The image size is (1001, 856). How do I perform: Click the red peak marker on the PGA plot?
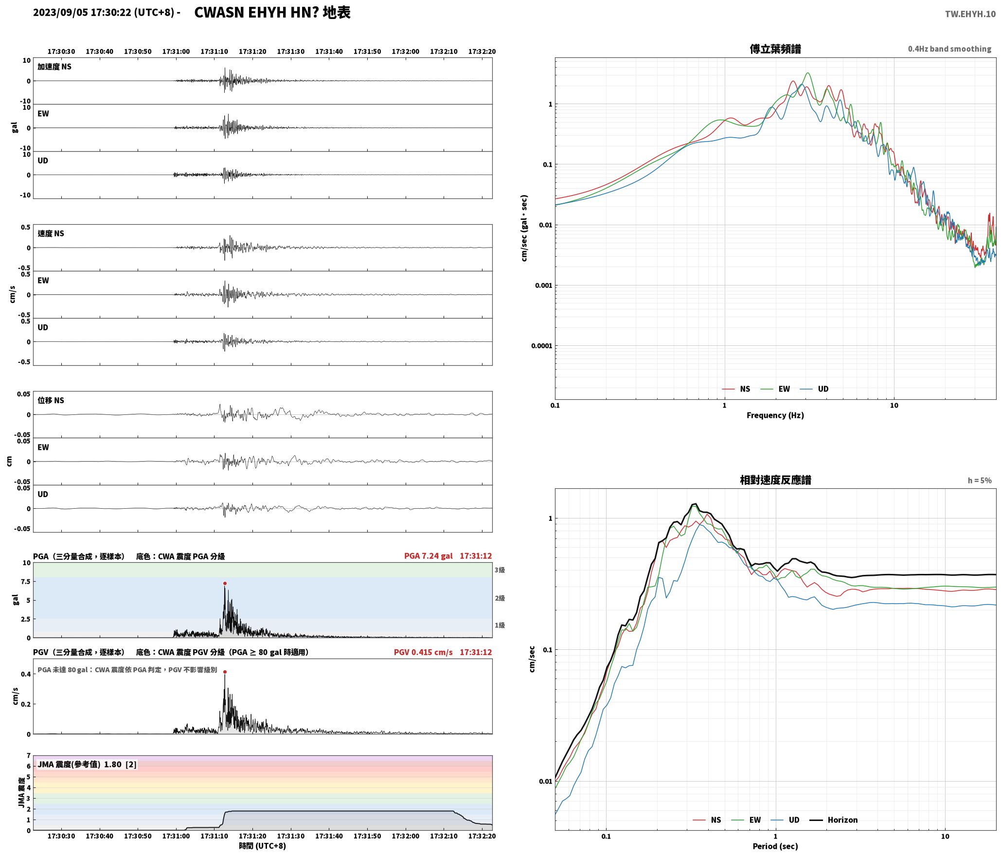pyautogui.click(x=225, y=583)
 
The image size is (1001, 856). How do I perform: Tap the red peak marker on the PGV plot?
pyautogui.click(x=225, y=672)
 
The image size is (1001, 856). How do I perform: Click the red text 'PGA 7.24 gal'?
pyautogui.click(x=428, y=556)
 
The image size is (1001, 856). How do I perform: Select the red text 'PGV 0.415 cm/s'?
pyautogui.click(x=423, y=652)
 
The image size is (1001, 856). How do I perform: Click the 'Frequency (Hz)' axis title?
pyautogui.click(x=775, y=415)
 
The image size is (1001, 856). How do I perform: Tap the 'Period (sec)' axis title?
pyautogui.click(x=775, y=846)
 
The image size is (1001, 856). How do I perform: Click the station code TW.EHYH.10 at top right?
pyautogui.click(x=970, y=14)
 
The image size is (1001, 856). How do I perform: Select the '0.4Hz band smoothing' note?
pyautogui.click(x=949, y=49)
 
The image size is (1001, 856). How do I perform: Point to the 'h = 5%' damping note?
pyautogui.click(x=980, y=481)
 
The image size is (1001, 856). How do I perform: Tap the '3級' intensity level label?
pyautogui.click(x=500, y=570)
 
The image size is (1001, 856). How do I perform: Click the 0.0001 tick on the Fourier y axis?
pyautogui.click(x=541, y=346)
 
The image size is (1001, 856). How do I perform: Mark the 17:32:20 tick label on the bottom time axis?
pyautogui.click(x=482, y=836)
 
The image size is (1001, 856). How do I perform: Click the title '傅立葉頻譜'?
pyautogui.click(x=775, y=49)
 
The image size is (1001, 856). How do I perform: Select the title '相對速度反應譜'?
pyautogui.click(x=775, y=480)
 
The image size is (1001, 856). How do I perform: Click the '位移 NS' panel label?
pyautogui.click(x=51, y=400)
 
